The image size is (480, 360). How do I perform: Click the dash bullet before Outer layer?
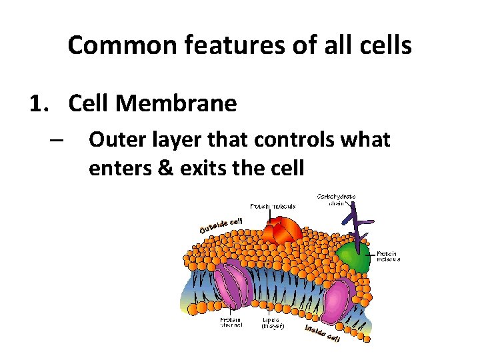click(55, 141)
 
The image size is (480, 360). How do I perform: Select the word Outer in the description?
click(115, 140)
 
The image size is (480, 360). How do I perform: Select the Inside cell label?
click(323, 333)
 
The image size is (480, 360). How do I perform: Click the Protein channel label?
click(231, 323)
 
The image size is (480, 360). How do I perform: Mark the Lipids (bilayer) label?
click(273, 323)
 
